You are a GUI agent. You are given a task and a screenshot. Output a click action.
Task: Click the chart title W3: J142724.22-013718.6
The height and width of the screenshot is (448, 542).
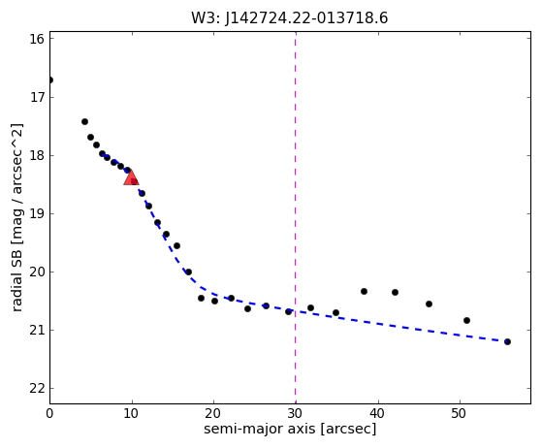290,18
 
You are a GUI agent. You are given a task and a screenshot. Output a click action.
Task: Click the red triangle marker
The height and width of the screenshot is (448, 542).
131,177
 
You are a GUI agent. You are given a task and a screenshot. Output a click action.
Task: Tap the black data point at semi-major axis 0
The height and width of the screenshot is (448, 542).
50,80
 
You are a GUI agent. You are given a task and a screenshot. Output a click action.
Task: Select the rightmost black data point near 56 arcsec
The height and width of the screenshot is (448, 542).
507,342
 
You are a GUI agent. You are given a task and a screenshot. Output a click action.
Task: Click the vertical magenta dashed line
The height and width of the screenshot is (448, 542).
295,217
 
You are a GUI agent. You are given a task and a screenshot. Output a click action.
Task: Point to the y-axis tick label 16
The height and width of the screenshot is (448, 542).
37,39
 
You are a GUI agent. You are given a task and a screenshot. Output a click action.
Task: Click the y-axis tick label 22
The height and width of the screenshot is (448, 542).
37,389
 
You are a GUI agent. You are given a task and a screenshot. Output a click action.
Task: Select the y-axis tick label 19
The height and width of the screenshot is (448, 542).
37,214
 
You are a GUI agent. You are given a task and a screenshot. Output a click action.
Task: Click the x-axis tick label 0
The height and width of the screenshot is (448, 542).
49,413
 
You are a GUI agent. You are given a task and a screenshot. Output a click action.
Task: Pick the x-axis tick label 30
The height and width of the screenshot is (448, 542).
296,413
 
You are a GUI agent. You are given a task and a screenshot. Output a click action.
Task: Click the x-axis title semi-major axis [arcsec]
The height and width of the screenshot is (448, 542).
290,429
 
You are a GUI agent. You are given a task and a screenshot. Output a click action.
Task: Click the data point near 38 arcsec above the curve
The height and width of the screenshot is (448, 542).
364,292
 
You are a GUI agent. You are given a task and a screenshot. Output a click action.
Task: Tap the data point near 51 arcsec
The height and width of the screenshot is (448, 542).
466,320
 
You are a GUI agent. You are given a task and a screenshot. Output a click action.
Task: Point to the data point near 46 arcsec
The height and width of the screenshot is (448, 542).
429,304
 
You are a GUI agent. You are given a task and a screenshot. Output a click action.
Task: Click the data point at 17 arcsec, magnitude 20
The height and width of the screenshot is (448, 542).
188,272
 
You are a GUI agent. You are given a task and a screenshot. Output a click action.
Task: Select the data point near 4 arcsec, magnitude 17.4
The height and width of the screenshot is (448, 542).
84,121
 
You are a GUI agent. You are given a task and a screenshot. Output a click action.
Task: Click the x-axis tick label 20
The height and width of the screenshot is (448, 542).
213,413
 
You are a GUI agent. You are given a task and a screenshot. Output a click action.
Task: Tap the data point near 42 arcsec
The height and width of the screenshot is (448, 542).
395,293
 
